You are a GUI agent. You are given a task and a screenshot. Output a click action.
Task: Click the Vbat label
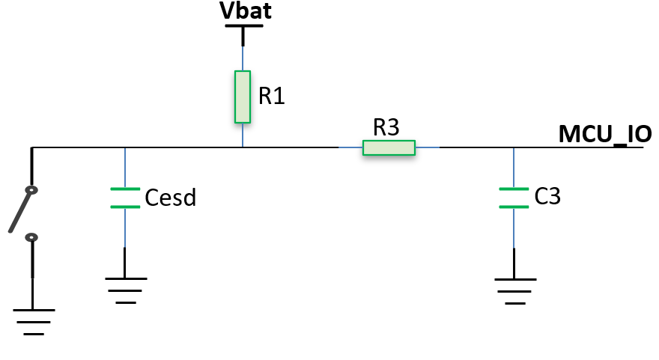246,10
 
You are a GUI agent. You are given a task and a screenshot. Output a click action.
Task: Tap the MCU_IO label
605,134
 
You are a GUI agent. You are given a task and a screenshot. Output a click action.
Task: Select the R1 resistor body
243,97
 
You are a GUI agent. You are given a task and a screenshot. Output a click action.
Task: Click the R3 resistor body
389,147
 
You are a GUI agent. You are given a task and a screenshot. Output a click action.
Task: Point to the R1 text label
272,96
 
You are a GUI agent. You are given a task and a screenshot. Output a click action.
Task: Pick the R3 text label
386,127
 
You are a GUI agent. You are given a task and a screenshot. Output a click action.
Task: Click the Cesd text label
170,198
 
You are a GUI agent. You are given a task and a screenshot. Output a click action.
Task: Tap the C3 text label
547,196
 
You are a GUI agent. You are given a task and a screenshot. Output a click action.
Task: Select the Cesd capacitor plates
125,198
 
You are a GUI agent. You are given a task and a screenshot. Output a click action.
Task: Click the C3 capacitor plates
514,198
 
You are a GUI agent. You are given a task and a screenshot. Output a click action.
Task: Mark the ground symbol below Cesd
126,290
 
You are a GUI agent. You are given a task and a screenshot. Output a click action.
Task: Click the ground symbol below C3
515,290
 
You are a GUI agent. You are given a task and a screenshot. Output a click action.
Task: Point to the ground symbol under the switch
34,322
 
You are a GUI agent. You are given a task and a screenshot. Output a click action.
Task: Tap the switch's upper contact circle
31,190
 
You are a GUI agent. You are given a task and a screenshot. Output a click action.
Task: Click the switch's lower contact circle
31,238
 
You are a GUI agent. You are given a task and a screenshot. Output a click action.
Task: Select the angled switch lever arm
19,211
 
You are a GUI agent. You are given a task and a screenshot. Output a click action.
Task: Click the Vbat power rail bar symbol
244,26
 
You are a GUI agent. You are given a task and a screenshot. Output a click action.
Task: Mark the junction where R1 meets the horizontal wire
243,147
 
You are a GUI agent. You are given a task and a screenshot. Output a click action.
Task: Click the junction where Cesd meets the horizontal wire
125,147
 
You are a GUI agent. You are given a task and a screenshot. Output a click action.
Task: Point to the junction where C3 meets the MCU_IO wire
514,147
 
